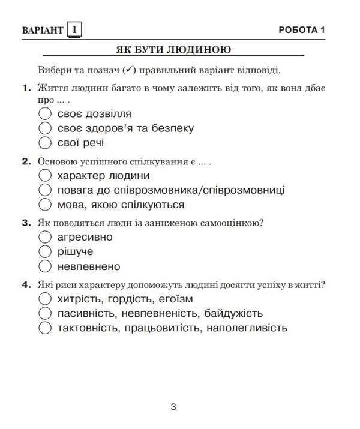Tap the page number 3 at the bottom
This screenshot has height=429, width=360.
tap(173, 407)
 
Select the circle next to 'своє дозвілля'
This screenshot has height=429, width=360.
tap(44, 113)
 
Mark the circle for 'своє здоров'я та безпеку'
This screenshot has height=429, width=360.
tap(44, 128)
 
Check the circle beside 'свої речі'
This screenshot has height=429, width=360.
tap(44, 142)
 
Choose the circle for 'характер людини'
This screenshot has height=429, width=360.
tap(44, 176)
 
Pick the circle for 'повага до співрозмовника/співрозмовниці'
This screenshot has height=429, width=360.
tap(44, 190)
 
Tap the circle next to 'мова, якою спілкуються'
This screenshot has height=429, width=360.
tap(44, 205)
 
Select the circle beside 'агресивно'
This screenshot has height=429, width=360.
tap(44, 237)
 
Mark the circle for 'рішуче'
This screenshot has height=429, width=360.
tap(44, 251)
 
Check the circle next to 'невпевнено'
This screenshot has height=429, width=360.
tap(44, 266)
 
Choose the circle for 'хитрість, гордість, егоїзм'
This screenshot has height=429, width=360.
tap(44, 299)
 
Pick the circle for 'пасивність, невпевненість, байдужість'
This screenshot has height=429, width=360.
tap(44, 313)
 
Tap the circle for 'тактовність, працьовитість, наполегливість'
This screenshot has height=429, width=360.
tap(44, 328)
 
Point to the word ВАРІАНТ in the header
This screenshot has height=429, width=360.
tap(42, 30)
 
